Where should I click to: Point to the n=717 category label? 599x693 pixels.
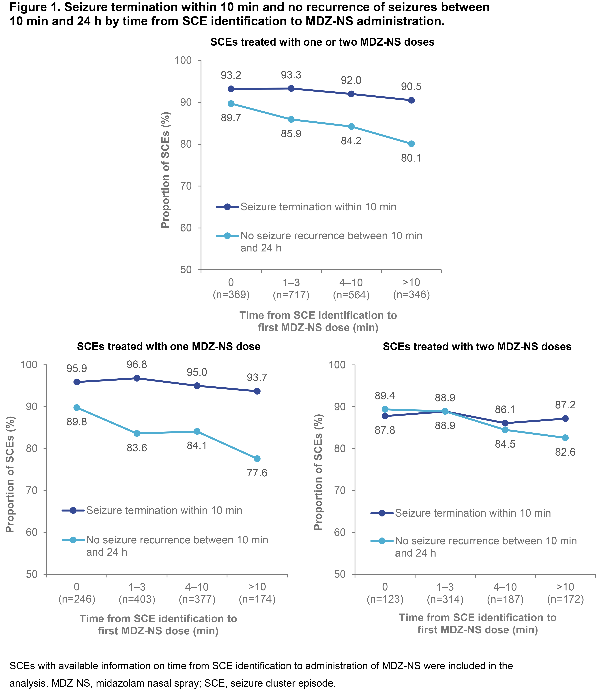pos(291,295)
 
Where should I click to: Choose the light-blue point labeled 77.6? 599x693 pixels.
pos(257,459)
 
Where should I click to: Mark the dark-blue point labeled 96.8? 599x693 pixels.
pos(137,378)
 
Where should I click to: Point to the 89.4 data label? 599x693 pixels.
pos(385,396)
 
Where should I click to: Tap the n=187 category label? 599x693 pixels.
pos(505,599)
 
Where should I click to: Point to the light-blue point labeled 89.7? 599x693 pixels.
pos(231,104)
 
